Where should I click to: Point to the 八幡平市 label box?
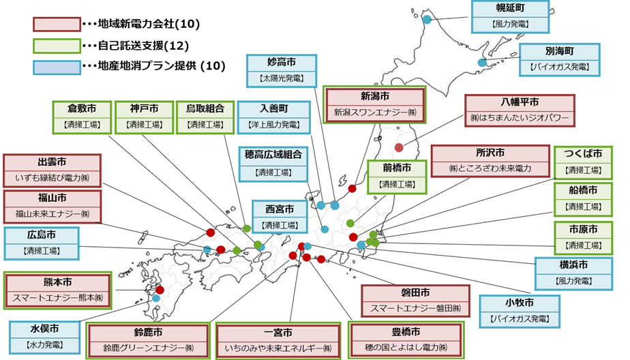tap(519, 110)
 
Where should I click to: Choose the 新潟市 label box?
tap(374, 104)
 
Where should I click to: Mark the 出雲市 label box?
tap(52, 170)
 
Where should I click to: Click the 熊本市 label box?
tap(57, 290)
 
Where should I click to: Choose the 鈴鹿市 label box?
tap(147, 341)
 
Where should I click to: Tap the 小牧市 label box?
tap(520, 311)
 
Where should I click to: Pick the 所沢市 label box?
tap(490, 161)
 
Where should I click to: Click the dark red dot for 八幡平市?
tap(399, 146)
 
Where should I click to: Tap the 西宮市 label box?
tap(280, 217)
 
